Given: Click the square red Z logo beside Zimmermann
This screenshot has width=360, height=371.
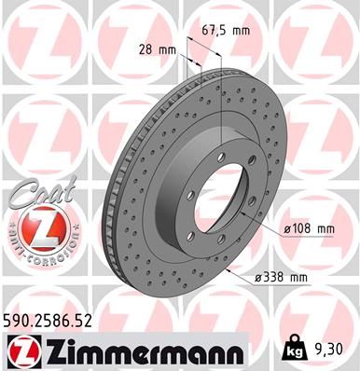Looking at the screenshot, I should [21, 350].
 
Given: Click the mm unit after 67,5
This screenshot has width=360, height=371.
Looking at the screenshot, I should [242, 30].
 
